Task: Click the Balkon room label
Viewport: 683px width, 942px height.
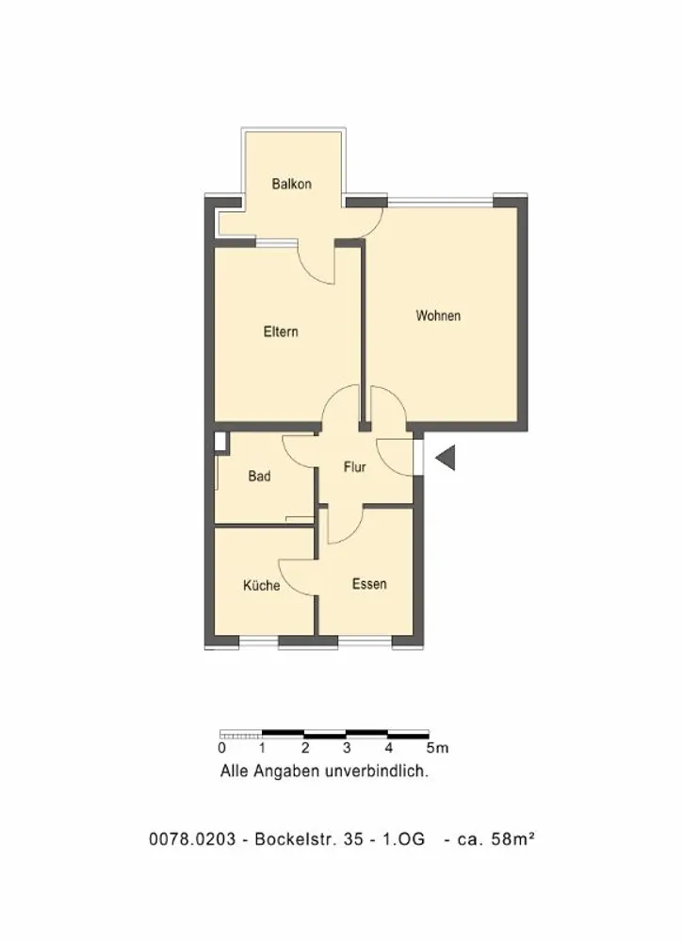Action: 291,184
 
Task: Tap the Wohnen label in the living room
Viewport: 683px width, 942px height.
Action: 438,316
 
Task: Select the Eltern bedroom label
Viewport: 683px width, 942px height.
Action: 281,332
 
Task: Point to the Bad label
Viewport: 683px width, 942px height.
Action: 259,477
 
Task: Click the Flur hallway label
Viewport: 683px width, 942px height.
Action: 354,467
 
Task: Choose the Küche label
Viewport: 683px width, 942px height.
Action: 261,585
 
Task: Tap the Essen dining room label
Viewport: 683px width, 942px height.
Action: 369,584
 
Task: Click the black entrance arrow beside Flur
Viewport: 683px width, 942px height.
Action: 446,459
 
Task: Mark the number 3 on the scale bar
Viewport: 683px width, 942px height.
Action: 347,749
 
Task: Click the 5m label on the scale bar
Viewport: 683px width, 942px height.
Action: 437,749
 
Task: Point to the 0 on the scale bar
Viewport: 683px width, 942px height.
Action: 221,749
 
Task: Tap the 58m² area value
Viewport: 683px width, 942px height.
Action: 513,838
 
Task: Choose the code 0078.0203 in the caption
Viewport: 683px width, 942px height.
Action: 192,838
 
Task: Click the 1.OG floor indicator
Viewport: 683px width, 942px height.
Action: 403,838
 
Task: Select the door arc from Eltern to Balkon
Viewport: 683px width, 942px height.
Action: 311,271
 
